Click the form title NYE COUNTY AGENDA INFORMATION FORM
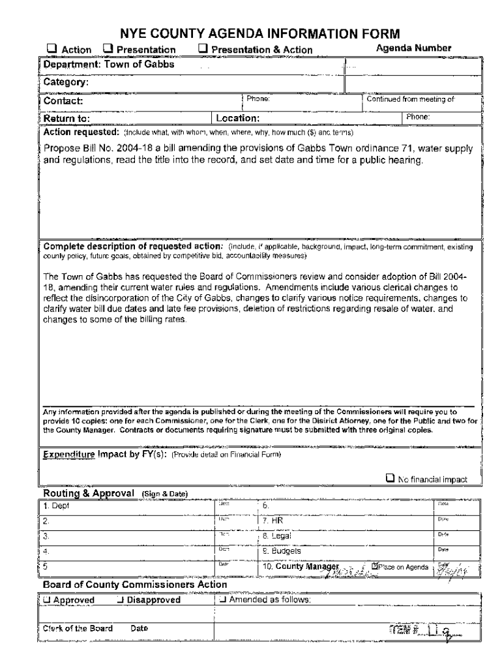(259, 33)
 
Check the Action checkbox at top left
(50, 49)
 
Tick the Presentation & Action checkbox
(203, 49)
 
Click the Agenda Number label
(413, 48)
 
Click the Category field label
(66, 82)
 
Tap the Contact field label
(63, 101)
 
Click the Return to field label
(66, 119)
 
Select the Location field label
(239, 119)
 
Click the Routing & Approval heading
(89, 493)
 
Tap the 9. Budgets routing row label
(282, 551)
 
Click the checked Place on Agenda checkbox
(374, 566)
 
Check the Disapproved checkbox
(121, 600)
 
